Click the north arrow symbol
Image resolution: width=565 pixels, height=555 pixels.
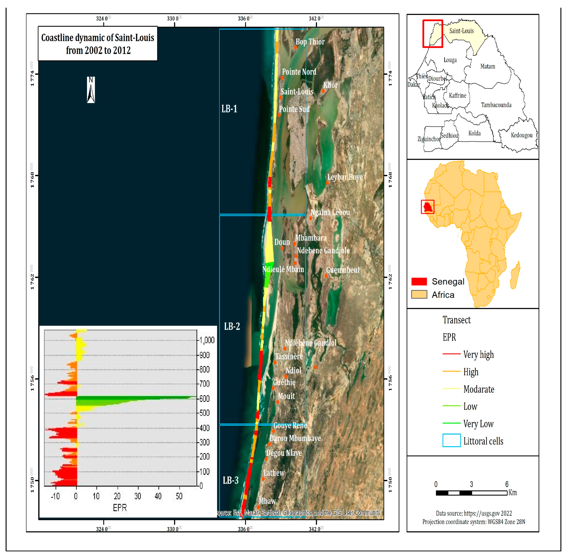click(91, 90)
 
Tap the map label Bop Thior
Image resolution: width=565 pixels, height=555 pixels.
click(310, 42)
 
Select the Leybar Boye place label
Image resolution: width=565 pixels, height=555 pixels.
click(345, 177)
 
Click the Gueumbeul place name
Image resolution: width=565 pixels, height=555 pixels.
click(343, 270)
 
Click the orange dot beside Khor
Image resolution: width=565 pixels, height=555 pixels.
click(323, 91)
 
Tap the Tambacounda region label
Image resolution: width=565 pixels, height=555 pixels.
click(496, 105)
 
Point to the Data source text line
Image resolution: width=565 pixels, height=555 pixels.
click(474, 513)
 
